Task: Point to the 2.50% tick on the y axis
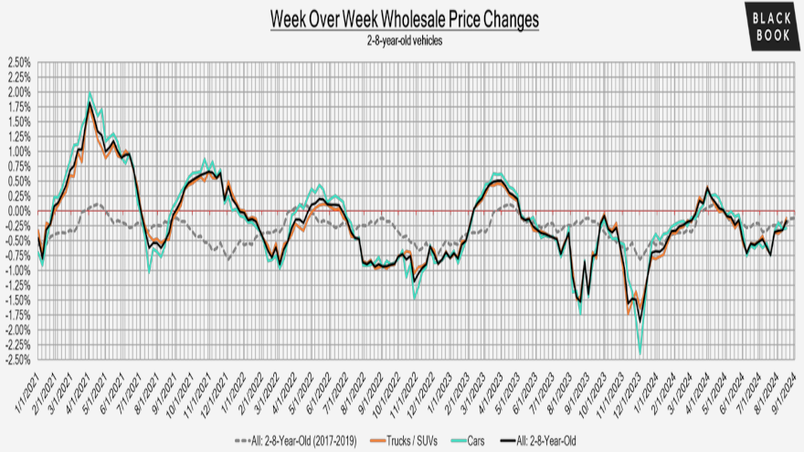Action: (x=17, y=63)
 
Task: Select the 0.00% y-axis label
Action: (x=17, y=211)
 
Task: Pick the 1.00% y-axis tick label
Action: (x=17, y=152)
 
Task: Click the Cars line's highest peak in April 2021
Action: (x=90, y=93)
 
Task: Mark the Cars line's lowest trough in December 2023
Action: (x=640, y=353)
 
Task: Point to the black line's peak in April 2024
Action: (x=708, y=189)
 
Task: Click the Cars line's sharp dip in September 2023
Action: (x=580, y=314)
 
